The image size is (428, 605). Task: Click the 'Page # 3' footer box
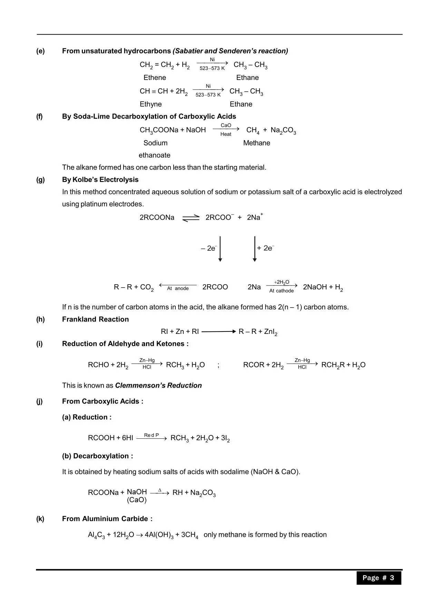point(379,578)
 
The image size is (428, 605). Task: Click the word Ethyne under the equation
point(150,104)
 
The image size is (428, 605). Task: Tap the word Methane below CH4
point(256,143)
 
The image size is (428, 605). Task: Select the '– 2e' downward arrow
point(220,249)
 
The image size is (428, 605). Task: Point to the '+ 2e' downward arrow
point(255,249)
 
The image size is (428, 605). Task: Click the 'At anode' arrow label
point(178,288)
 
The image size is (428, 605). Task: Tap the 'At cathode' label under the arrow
point(281,291)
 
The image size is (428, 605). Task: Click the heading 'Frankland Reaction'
point(95,319)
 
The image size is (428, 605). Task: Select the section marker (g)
point(40,180)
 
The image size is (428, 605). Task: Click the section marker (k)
point(40,519)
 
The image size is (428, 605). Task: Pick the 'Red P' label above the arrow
point(151,435)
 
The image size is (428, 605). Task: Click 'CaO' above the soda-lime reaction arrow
point(226,125)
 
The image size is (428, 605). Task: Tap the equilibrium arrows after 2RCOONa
point(191,218)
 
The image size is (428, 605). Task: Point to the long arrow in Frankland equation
point(218,332)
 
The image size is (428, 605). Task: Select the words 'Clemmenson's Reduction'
point(158,385)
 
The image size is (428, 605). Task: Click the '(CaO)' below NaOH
point(137,500)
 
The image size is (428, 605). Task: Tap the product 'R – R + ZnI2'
point(258,332)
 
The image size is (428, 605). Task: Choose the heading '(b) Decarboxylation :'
point(97,456)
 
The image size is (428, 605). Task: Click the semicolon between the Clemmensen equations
point(218,365)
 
